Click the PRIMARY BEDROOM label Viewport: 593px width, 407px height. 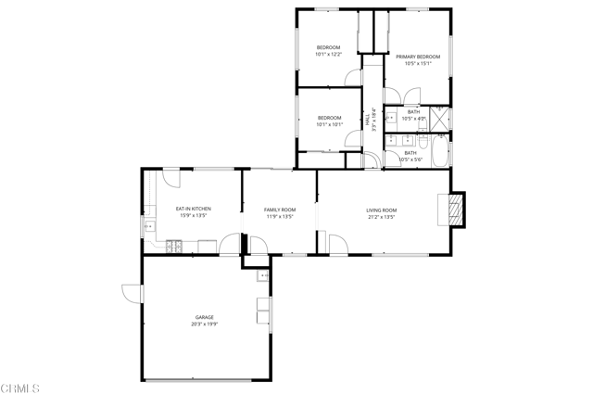[418, 57]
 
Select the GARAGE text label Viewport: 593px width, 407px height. [204, 317]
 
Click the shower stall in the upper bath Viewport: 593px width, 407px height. [442, 119]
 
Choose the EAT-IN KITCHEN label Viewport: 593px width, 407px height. [194, 209]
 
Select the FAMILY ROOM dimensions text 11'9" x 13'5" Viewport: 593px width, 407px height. [280, 217]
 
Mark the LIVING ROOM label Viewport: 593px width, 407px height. [381, 210]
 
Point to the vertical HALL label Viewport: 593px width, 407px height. [368, 121]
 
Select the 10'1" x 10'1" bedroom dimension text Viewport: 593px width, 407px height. [330, 124]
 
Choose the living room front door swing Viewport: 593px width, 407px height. [337, 244]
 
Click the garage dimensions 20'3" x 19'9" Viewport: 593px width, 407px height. [204, 324]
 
